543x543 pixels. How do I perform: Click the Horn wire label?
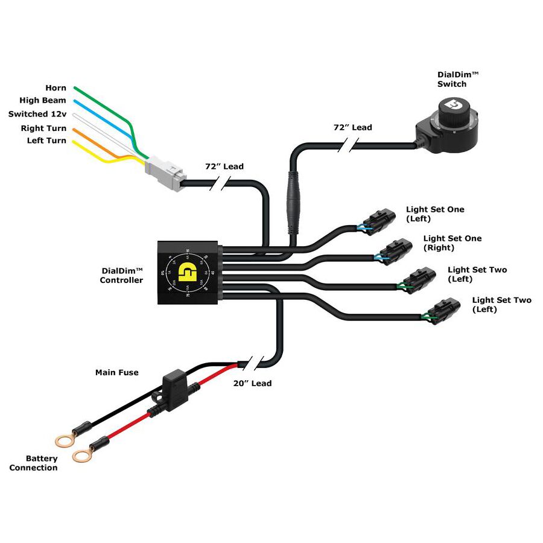click(56, 88)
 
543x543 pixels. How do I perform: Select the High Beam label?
click(43, 101)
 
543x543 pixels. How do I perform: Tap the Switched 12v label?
click(36, 114)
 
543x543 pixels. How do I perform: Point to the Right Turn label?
click(44, 128)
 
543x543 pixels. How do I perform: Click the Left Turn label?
click(47, 141)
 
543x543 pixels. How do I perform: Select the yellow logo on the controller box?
click(189, 273)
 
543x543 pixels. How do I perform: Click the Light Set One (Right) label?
click(452, 243)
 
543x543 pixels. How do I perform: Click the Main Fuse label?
click(116, 372)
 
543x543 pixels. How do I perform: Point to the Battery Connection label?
click(34, 463)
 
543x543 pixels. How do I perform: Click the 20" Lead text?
click(252, 383)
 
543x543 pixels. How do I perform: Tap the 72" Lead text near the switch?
click(353, 127)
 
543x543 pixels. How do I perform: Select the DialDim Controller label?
click(121, 276)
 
